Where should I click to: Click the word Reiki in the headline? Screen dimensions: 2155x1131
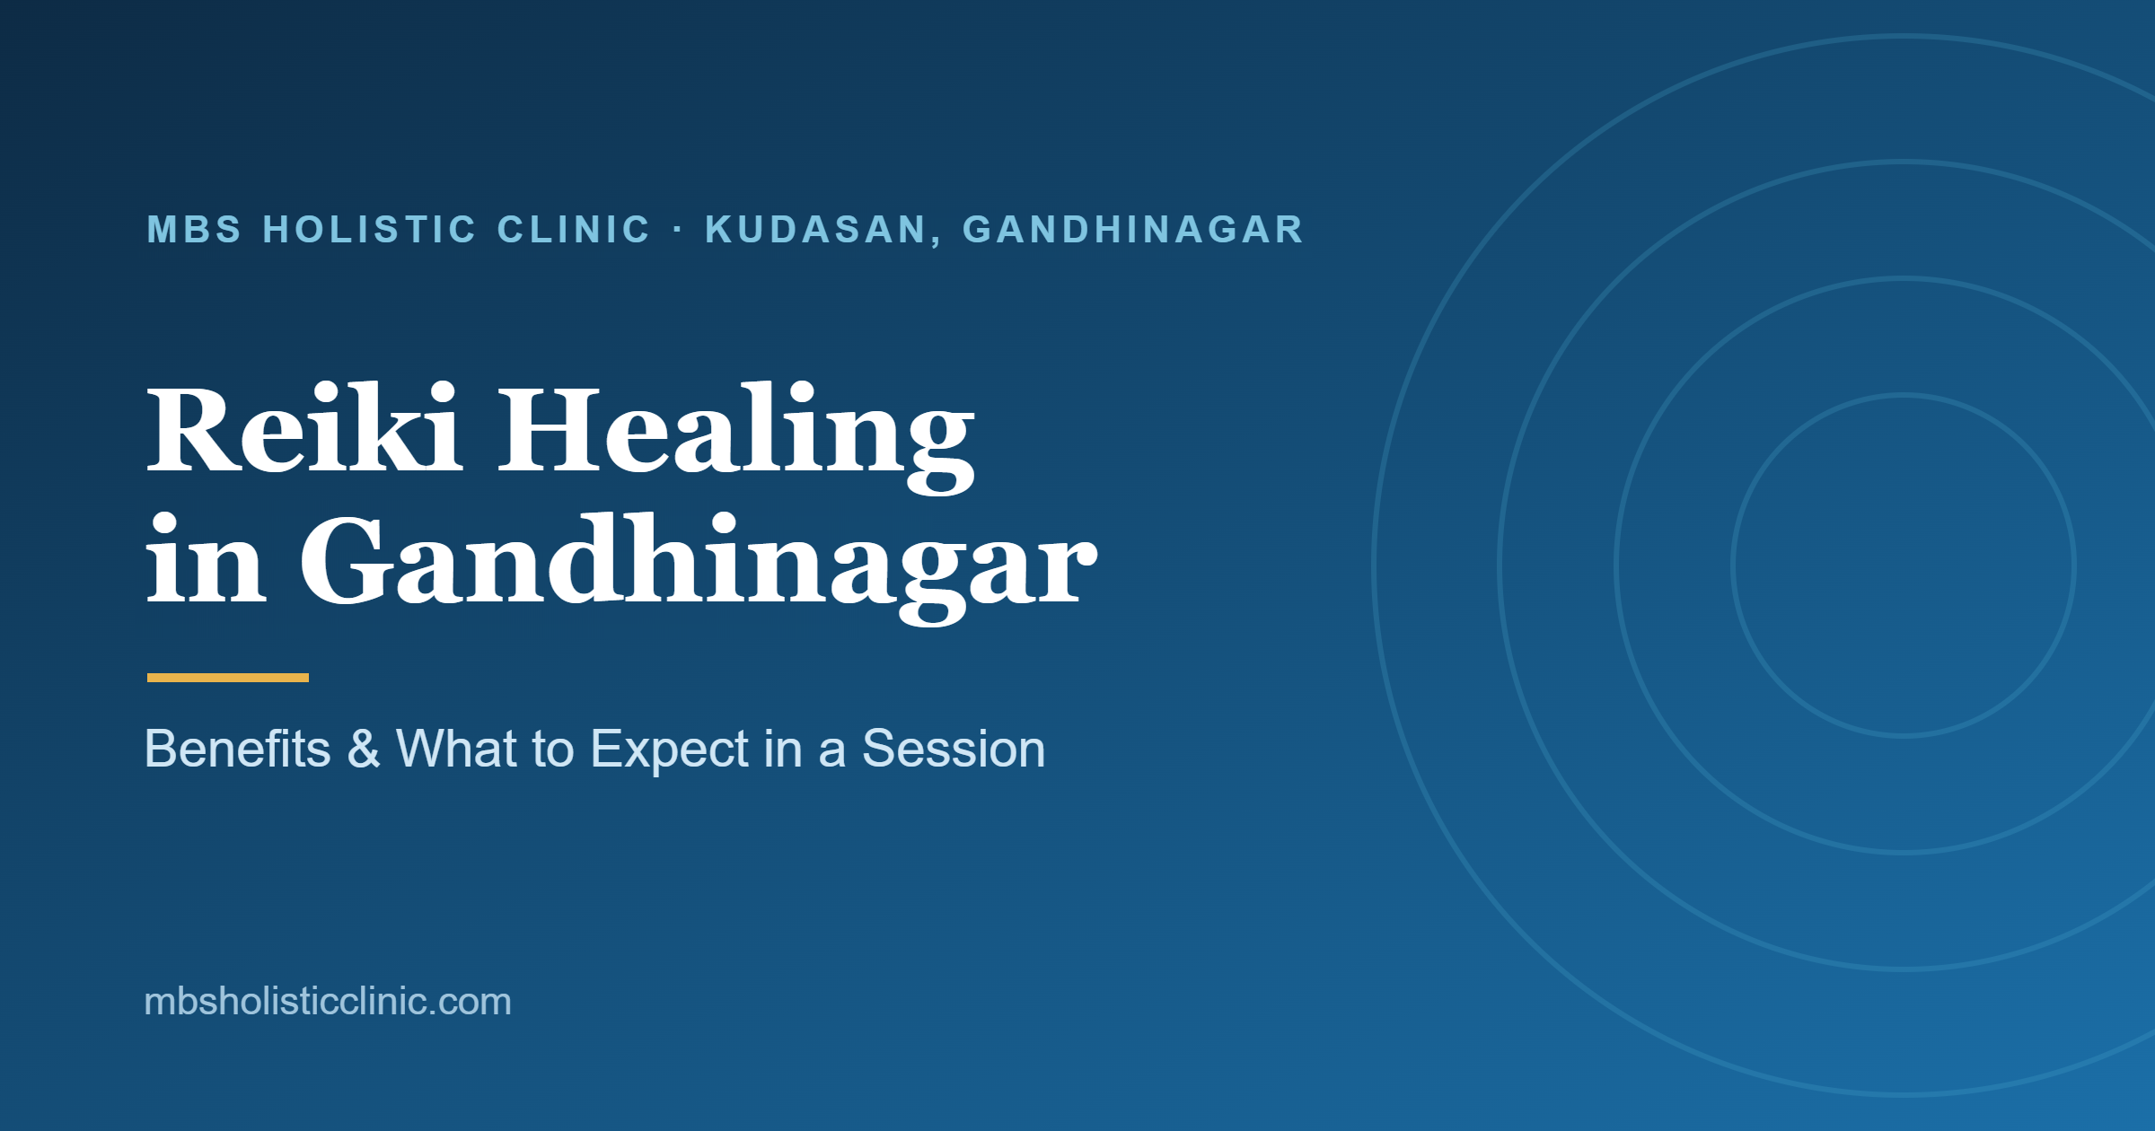pyautogui.click(x=304, y=427)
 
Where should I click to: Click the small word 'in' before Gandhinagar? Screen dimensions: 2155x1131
pyautogui.click(x=206, y=558)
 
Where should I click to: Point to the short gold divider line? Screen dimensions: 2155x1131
pyautogui.click(x=228, y=678)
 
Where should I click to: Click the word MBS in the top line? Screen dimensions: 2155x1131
pyautogui.click(x=195, y=230)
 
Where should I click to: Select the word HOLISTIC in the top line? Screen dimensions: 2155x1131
pyautogui.click(x=369, y=230)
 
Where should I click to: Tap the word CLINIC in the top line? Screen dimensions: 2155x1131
pyautogui.click(x=574, y=230)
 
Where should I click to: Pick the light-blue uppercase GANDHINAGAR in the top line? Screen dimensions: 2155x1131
pyautogui.click(x=1133, y=230)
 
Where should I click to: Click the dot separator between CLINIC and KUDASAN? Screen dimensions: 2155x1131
pyautogui.click(x=678, y=230)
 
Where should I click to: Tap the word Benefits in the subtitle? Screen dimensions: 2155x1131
pyautogui.click(x=238, y=749)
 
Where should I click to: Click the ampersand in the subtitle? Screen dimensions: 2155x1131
pyautogui.click(x=364, y=749)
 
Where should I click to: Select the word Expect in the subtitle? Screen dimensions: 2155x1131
pyautogui.click(x=669, y=750)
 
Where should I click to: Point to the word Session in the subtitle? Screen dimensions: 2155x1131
pyautogui.click(x=954, y=749)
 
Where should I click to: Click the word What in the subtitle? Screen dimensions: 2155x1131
pyautogui.click(x=456, y=749)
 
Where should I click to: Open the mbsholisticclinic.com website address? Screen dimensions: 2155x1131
pyautogui.click(x=328, y=1001)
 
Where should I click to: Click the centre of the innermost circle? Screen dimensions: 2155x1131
pyautogui.click(x=1904, y=565)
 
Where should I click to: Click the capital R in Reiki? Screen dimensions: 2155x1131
pyautogui.click(x=192, y=428)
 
